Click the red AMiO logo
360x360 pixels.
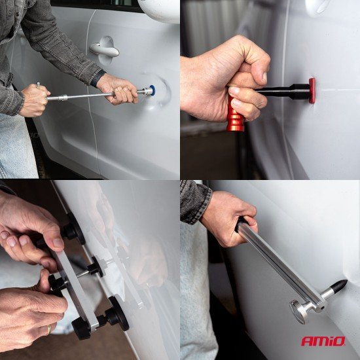[x=323, y=341]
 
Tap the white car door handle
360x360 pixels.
[x=104, y=50]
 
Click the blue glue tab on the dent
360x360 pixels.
[x=153, y=90]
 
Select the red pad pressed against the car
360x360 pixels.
[x=312, y=90]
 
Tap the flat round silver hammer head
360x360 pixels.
[x=297, y=312]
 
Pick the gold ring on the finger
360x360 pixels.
[x=48, y=330]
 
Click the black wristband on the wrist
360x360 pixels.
[x=98, y=78]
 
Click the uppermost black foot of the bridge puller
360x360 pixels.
[x=74, y=230]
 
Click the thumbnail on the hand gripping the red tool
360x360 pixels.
[x=264, y=77]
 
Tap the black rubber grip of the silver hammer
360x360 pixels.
[x=241, y=223]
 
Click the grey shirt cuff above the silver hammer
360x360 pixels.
[x=196, y=202]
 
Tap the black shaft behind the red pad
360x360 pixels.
[x=283, y=92]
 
